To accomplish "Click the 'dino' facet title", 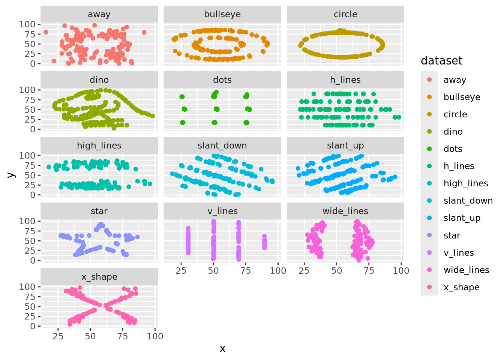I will coord(99,80).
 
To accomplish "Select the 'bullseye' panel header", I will coord(222,14).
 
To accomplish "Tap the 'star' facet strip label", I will coord(99,211).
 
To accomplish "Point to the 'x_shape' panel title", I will coord(99,277).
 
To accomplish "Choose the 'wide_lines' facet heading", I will coord(345,211).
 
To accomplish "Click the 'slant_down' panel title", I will coord(222,145).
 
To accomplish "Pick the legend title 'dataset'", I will coord(441,61).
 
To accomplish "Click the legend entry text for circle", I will coord(455,114).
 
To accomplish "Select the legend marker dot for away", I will coord(429,79).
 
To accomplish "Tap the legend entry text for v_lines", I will coord(459,253).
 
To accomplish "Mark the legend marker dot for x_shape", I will coord(429,287).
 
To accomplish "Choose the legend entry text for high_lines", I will coord(466,183).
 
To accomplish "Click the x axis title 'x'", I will coord(222,349).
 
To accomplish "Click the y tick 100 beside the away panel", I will coord(27,24).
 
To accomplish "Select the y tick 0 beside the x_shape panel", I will coord(33,326).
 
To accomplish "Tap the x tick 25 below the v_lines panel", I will coord(181,271).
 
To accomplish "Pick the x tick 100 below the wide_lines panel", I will coord(401,271).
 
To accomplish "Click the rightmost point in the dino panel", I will coord(153,116).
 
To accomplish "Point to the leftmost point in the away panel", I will coord(46,32).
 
